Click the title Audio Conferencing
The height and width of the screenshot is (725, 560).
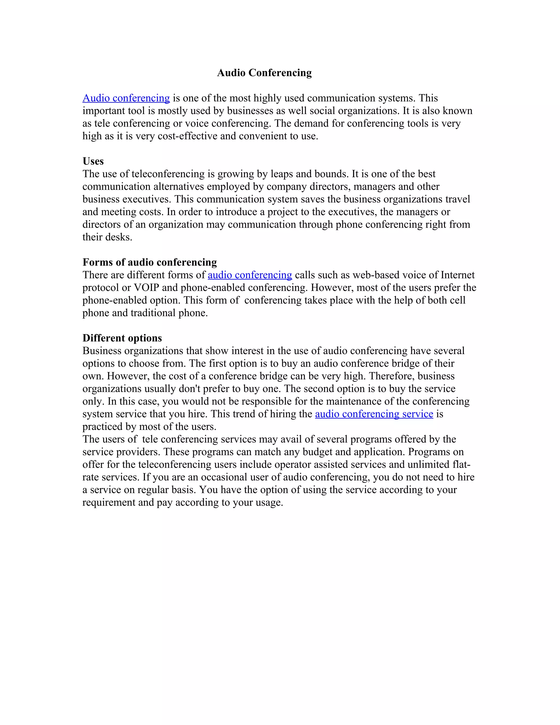click(264, 73)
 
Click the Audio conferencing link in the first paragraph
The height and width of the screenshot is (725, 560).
click(126, 98)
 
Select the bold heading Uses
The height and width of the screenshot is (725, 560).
click(93, 161)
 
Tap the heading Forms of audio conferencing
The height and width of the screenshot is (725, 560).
click(150, 262)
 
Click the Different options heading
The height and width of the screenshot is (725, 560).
click(122, 338)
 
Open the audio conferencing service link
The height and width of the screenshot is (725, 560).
click(374, 414)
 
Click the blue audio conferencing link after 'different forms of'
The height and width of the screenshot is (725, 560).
click(250, 275)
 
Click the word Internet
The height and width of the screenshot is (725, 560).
click(457, 275)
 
